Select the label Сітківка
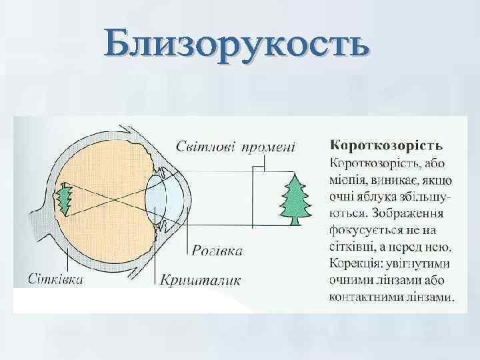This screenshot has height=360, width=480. (x=56, y=279)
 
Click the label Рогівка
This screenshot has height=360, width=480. (x=217, y=251)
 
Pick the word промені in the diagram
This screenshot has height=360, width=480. (x=269, y=145)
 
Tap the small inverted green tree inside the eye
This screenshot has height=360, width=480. (x=65, y=199)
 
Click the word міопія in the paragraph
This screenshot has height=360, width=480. (x=347, y=180)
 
